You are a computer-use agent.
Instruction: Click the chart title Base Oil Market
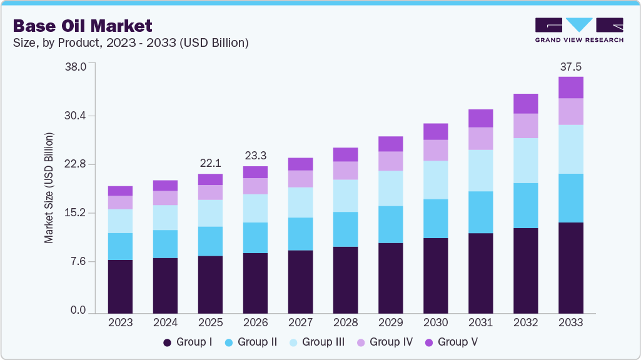coord(83,26)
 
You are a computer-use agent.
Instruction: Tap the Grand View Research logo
coord(579,29)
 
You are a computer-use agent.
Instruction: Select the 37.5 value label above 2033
coord(570,66)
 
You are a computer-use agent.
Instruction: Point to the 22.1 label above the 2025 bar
coord(210,163)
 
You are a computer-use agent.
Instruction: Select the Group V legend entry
coord(452,342)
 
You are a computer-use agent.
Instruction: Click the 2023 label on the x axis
coord(120,322)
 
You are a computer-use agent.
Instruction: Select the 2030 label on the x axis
coord(435,322)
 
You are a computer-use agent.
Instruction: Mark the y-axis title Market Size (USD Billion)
coord(49,187)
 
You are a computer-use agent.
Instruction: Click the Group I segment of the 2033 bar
coord(570,267)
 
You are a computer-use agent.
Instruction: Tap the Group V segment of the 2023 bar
coord(120,191)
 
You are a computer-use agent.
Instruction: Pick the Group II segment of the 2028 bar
coord(345,229)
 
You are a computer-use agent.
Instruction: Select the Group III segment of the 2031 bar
coord(480,170)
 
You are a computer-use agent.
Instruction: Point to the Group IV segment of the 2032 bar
coord(525,126)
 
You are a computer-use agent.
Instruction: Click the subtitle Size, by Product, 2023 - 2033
coord(131,42)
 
